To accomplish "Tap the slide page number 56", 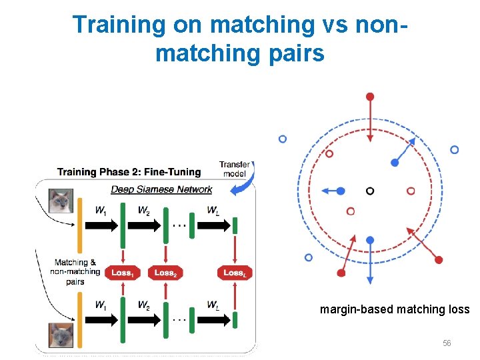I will tap(447, 343).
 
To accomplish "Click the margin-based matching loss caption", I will tap(395, 309).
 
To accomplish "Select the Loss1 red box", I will tap(122, 273).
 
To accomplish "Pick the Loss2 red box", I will tap(165, 273).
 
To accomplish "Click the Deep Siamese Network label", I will tap(161, 189).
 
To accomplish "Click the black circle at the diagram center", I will tap(370, 191).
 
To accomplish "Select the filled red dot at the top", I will tap(370, 97).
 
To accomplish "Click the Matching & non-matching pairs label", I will tap(75, 272).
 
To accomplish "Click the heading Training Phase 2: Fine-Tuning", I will tap(129, 172).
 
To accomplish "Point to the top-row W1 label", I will tap(101, 211).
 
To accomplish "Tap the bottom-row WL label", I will tap(213, 306).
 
